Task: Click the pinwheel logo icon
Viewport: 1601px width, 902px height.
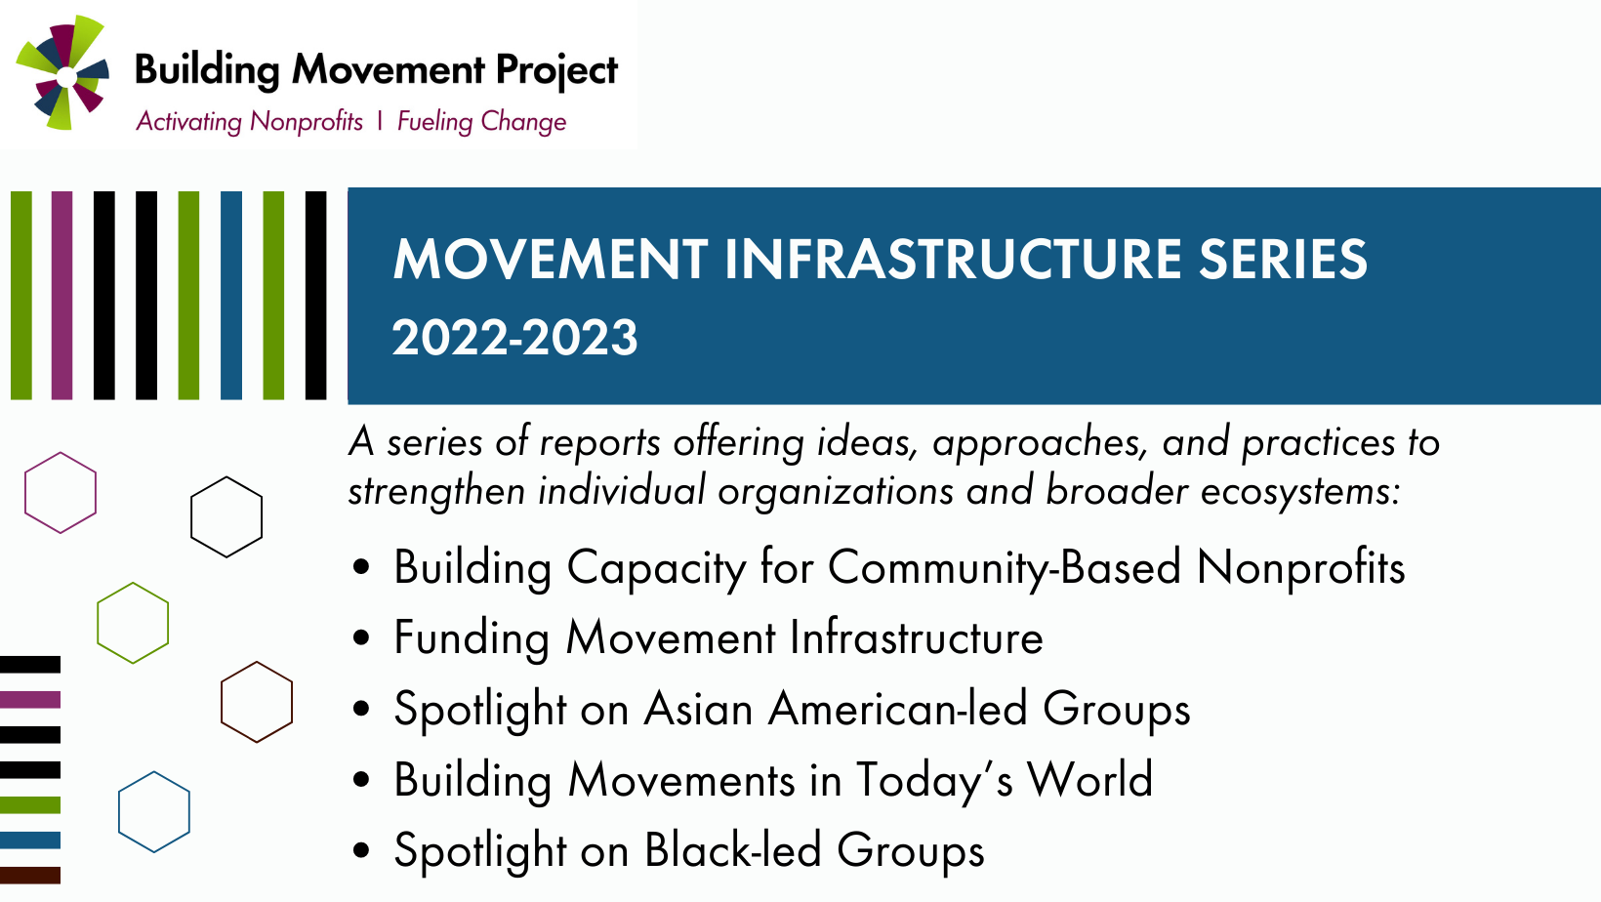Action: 62,73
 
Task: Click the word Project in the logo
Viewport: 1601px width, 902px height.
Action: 556,71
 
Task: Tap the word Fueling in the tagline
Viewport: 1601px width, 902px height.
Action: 434,121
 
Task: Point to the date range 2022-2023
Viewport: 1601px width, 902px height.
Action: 514,338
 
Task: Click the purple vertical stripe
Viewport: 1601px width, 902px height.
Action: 62,295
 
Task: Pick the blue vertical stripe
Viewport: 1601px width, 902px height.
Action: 230,295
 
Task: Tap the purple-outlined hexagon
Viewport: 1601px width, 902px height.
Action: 61,454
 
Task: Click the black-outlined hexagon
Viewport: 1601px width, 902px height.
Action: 226,478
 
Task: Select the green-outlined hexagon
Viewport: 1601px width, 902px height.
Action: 133,584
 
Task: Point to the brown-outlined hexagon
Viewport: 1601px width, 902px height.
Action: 257,663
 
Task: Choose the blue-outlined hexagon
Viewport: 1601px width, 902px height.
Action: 153,773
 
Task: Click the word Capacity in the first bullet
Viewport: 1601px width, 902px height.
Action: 655,569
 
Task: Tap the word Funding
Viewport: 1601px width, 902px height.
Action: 472,638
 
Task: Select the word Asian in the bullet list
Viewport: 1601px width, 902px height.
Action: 698,709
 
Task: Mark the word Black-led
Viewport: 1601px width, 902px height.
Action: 732,850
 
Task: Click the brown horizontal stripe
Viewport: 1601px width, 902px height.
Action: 30,875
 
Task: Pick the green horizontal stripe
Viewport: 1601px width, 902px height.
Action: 30,804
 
